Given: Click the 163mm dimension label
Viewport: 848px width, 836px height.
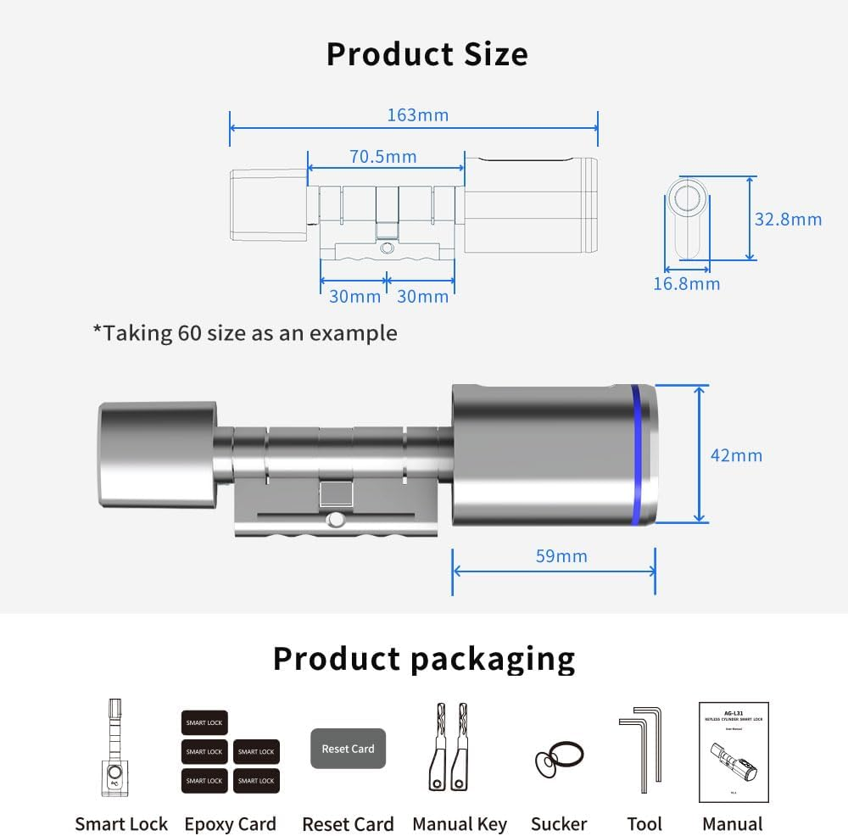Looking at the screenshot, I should coord(417,114).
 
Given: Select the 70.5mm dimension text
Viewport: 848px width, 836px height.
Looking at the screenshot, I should coord(383,156).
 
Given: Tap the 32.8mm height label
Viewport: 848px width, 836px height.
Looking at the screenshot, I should coord(788,219).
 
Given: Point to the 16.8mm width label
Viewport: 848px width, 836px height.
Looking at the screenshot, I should coord(686,283).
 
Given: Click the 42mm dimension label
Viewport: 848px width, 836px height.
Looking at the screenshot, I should coord(736,455).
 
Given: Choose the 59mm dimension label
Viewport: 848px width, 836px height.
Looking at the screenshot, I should coord(561,556).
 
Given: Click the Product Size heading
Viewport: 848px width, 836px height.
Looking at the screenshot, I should coord(427,54).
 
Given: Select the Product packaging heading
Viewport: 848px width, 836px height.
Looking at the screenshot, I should coord(424,658).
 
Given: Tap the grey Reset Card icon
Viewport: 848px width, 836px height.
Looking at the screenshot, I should coord(348,749).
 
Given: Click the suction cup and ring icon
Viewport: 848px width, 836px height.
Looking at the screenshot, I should coord(558,757).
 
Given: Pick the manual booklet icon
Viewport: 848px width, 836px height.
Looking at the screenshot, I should coord(733,752).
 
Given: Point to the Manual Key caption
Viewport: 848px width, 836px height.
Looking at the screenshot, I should coord(460,823).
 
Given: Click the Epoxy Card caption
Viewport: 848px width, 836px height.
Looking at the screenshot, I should coord(230,823).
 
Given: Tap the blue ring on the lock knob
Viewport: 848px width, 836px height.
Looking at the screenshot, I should coord(637,454).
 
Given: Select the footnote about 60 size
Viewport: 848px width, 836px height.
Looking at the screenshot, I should coord(244,332).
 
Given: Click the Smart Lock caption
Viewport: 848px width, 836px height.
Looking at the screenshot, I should coord(121,823).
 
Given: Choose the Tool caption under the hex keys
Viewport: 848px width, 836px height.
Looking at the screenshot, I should coord(644,823).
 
